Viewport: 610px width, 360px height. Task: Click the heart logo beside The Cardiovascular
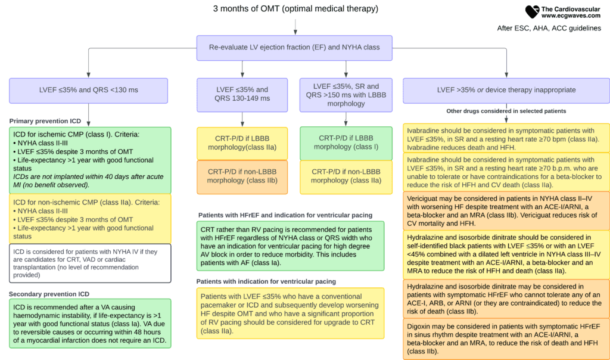pos(532,12)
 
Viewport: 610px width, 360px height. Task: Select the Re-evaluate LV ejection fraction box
pos(294,48)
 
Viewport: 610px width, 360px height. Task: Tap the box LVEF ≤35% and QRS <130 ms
pos(88,91)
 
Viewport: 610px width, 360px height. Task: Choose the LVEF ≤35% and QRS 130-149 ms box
pos(242,95)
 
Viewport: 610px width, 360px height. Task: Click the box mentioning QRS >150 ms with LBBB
pos(346,95)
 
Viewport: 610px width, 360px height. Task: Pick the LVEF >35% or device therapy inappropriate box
pos(506,91)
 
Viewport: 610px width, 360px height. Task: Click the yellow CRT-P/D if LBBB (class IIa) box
pos(242,143)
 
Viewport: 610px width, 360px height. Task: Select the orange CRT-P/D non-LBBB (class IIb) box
pos(242,177)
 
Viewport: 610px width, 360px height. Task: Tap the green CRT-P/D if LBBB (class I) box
pos(346,143)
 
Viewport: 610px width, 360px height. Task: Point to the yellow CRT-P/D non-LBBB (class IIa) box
pos(346,177)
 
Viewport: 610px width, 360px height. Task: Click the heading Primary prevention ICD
pos(45,121)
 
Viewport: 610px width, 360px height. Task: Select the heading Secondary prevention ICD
pos(49,294)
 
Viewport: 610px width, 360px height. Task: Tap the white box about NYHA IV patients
pos(90,263)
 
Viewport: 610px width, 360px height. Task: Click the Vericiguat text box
pos(506,211)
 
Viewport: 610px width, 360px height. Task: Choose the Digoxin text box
pos(506,339)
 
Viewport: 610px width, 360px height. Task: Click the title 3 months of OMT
pos(295,8)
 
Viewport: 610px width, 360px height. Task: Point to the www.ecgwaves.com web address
pos(571,16)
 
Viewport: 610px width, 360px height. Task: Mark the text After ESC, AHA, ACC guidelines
pos(549,29)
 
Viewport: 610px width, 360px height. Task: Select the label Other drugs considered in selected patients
pos(506,111)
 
